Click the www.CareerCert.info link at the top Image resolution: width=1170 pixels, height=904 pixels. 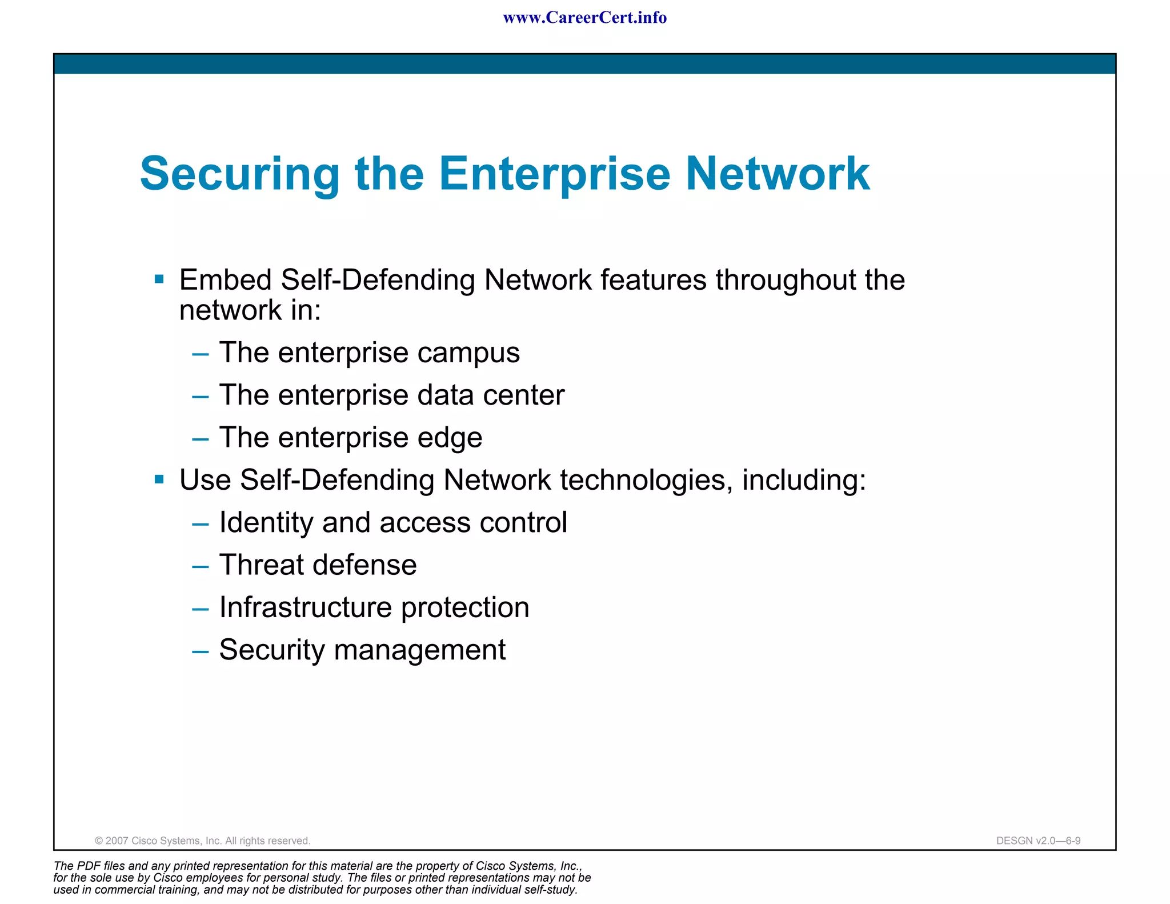click(584, 18)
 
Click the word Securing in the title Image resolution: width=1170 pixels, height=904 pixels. click(240, 174)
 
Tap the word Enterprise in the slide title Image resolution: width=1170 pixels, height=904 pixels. click(554, 174)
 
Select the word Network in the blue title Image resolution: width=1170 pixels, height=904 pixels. click(778, 173)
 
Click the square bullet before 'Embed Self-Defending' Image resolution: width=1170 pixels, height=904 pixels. click(159, 279)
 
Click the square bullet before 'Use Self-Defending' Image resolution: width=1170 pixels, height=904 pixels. click(159, 479)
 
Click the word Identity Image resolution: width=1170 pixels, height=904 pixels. click(266, 523)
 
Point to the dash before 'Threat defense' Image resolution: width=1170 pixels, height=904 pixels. click(201, 566)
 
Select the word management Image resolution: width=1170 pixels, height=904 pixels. click(419, 650)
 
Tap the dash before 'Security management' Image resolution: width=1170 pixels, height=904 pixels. click(201, 651)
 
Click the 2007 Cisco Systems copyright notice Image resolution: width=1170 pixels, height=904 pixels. click(202, 841)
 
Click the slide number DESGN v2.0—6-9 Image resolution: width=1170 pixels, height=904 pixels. click(1038, 841)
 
